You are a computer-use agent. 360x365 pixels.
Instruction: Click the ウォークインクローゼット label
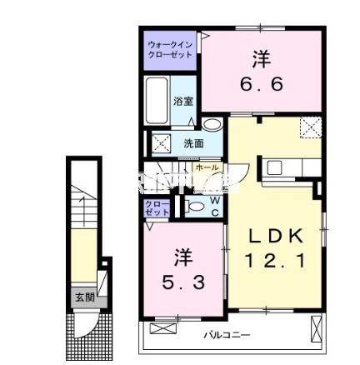[x=170, y=48]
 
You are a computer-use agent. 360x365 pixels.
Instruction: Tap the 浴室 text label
[x=183, y=101]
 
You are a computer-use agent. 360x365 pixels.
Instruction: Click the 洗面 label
[x=193, y=143]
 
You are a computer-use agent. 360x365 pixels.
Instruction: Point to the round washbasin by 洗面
[x=212, y=126]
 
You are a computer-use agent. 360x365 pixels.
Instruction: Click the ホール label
[x=207, y=167]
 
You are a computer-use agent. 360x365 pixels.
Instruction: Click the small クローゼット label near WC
[x=154, y=207]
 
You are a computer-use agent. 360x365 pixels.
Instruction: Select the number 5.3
[x=182, y=282]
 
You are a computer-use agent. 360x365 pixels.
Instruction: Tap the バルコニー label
[x=226, y=335]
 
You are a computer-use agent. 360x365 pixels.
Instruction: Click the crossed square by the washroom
[x=160, y=142]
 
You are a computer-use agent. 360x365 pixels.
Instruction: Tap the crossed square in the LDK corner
[x=312, y=127]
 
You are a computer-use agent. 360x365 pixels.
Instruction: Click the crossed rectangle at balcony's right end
[x=316, y=329]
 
